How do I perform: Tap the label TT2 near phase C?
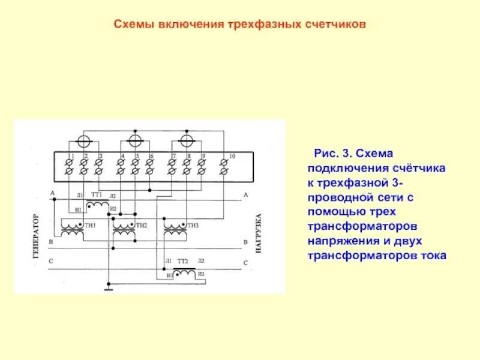(x=183, y=261)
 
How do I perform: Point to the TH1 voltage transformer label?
(x=91, y=225)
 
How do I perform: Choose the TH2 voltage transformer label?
(x=142, y=225)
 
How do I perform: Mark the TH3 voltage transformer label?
(x=192, y=225)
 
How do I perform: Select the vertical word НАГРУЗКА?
(x=259, y=233)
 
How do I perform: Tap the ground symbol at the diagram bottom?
(x=109, y=288)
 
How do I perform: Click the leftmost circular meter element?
(x=85, y=141)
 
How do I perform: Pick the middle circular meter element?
(x=136, y=141)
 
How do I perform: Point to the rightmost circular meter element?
(x=187, y=141)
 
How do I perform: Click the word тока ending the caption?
(x=433, y=256)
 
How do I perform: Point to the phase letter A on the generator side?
(x=53, y=193)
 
